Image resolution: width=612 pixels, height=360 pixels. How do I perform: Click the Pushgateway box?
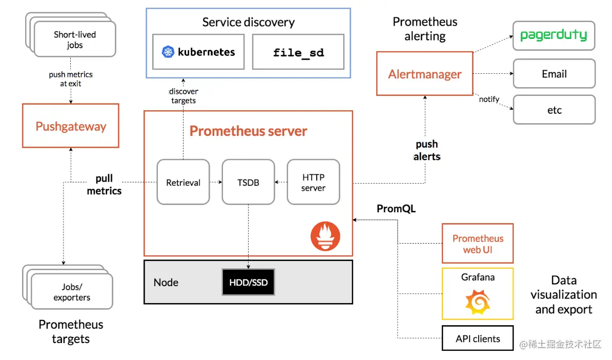71,126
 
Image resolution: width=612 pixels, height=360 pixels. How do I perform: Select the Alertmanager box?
424,73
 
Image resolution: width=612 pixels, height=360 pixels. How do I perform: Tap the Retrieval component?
183,182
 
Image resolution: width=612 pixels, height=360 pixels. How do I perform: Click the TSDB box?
248,182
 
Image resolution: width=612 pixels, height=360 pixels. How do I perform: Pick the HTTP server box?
313,182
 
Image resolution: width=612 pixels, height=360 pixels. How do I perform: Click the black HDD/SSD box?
248,282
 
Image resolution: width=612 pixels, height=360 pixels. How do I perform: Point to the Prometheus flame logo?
325,236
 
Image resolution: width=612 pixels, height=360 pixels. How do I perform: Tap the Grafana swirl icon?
478,302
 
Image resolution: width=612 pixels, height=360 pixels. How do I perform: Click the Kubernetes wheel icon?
168,52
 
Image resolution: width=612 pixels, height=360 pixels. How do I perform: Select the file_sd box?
298,52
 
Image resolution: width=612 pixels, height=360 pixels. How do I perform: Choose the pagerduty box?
554,35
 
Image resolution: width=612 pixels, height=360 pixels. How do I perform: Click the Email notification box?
554,73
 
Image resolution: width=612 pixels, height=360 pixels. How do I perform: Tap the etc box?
554,110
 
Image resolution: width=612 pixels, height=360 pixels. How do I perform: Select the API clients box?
478,338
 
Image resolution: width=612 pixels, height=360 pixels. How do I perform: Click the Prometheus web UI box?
478,244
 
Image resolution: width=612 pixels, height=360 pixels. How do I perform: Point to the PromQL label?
396,209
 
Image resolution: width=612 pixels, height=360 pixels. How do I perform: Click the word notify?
489,99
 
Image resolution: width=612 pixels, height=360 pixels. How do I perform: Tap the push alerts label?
426,150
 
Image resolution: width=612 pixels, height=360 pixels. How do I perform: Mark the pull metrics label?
104,185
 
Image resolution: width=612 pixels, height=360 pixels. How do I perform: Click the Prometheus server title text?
248,131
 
